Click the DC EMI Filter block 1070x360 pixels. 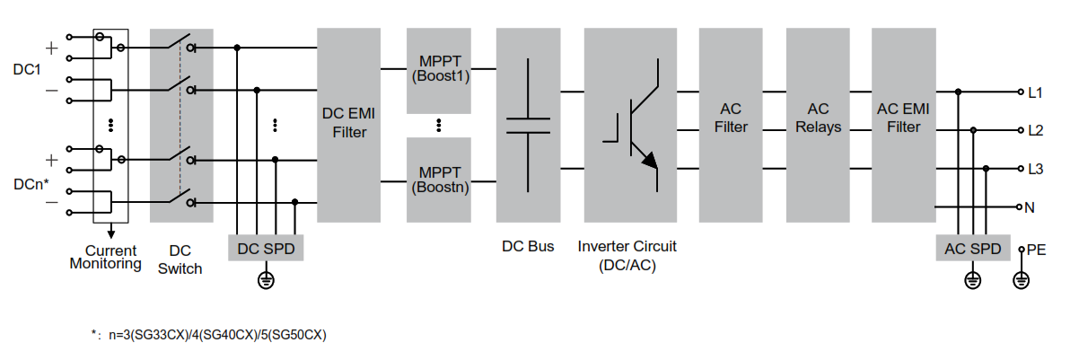[x=349, y=125]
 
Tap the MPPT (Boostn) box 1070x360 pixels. [x=439, y=180]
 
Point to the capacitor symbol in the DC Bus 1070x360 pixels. [x=529, y=125]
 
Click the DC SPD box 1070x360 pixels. [x=266, y=248]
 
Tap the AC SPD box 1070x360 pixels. [x=972, y=248]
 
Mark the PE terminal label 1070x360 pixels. [x=1036, y=248]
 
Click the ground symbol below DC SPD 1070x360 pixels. [x=266, y=281]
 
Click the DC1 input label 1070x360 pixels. [x=27, y=69]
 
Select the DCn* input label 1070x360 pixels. [x=31, y=183]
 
